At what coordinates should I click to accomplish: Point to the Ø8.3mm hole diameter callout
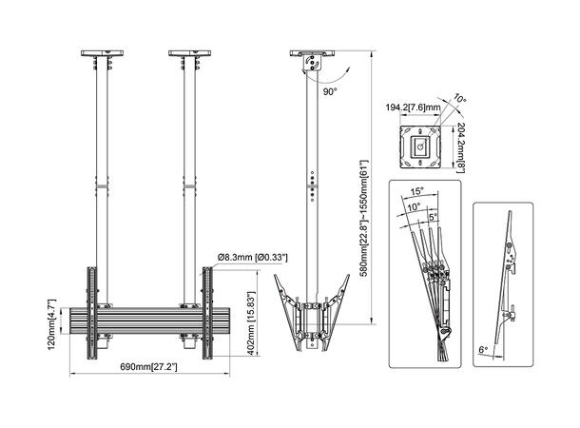pyautogui.click(x=252, y=257)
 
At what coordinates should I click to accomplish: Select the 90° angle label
pyautogui.click(x=330, y=92)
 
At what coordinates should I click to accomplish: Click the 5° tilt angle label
pyautogui.click(x=435, y=217)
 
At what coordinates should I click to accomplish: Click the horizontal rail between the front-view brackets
pyautogui.click(x=150, y=323)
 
